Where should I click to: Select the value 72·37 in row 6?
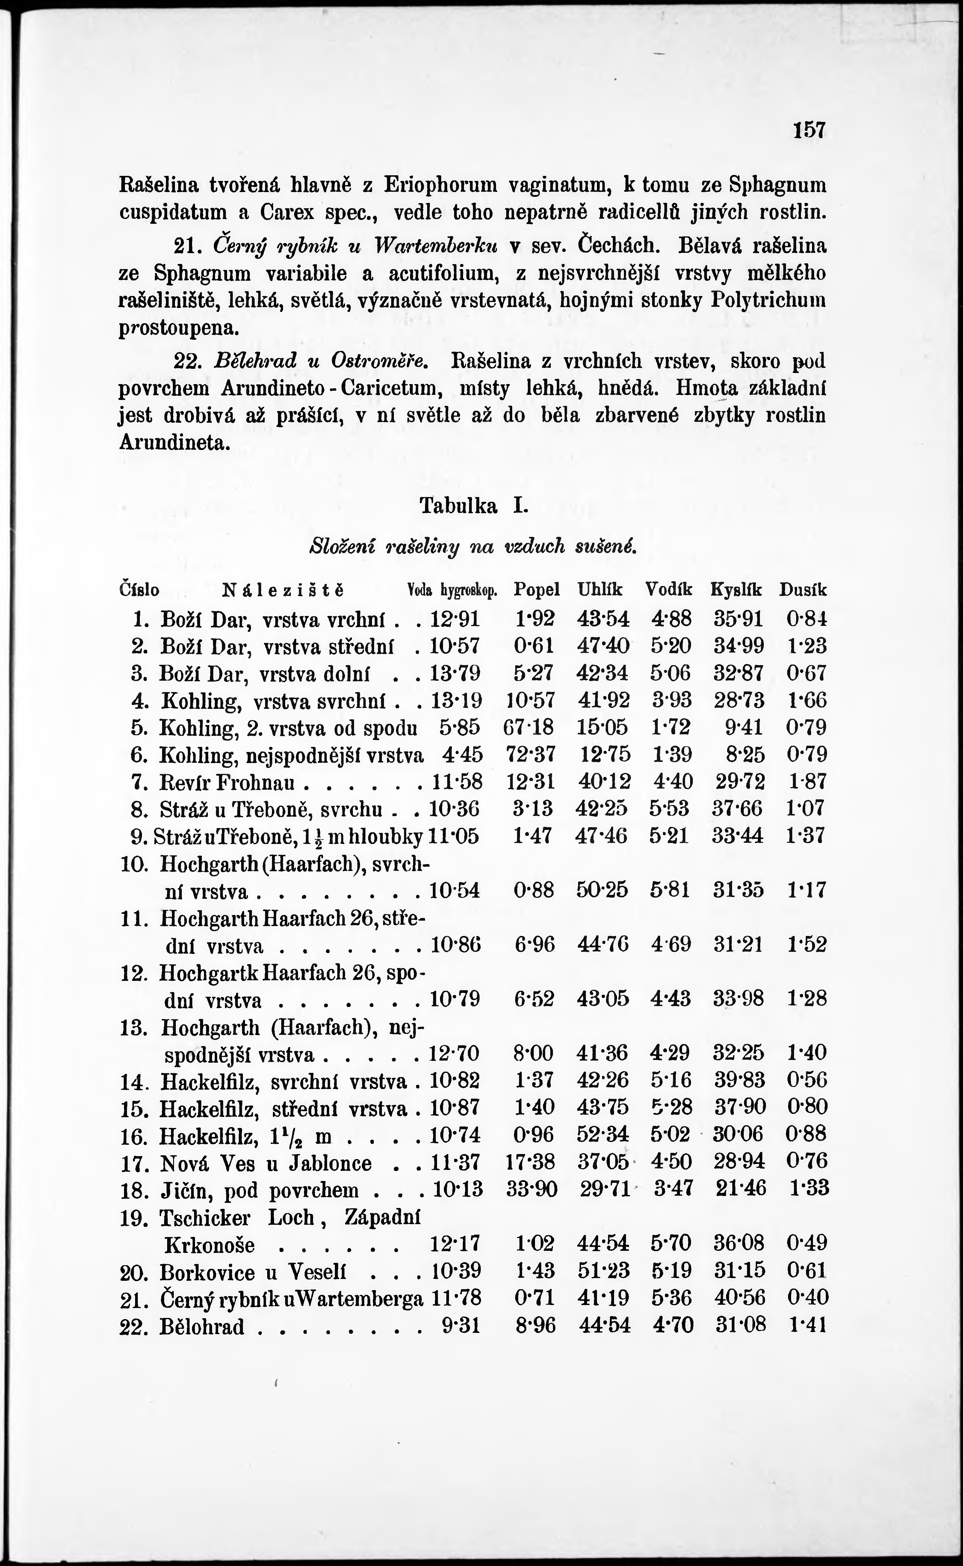[x=530, y=754]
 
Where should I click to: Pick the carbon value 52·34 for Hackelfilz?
[x=603, y=1134]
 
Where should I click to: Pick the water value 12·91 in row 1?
[x=455, y=618]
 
